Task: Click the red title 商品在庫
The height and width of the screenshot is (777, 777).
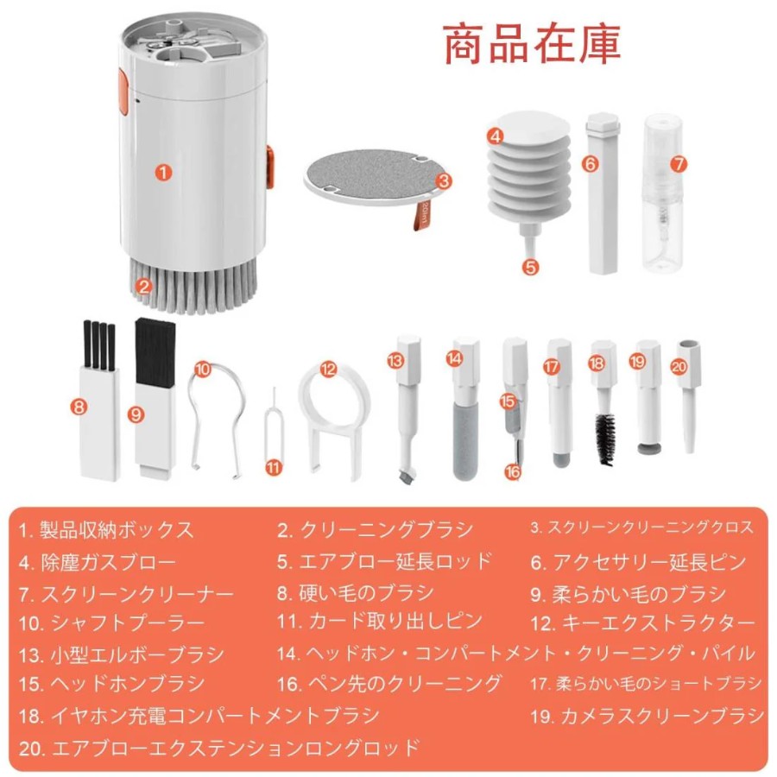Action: pos(531,44)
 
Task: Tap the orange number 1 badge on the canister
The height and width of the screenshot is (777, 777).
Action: pos(163,173)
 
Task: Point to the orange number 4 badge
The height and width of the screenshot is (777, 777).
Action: pos(495,136)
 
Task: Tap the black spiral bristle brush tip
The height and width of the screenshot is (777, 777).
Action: pos(605,439)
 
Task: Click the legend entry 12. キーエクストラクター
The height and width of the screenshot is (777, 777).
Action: pos(642,622)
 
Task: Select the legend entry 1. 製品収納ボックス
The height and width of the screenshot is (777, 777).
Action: pos(105,530)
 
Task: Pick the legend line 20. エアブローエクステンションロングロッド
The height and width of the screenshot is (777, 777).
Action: pos(219,748)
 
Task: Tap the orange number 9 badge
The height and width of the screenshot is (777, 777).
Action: pos(136,414)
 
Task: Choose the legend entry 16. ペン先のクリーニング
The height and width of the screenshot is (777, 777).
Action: pos(389,685)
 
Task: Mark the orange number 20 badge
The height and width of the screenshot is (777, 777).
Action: pos(679,366)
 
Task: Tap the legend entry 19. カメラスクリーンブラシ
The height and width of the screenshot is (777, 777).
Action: pos(647,716)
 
